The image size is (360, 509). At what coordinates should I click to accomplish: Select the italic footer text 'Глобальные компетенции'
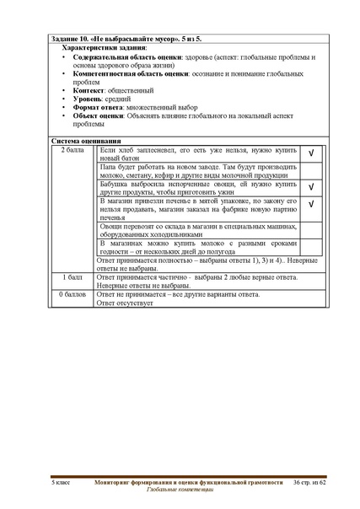(180, 489)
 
